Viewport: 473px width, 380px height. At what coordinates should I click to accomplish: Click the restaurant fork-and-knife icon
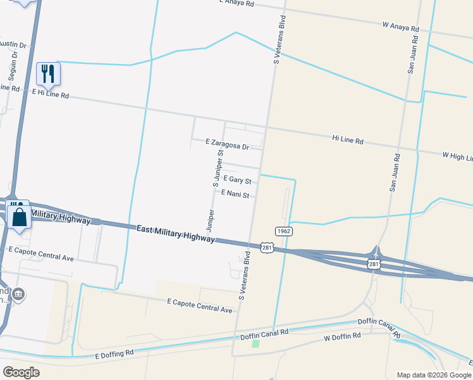pyautogui.click(x=47, y=74)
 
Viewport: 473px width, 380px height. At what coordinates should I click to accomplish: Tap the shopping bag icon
pyautogui.click(x=20, y=216)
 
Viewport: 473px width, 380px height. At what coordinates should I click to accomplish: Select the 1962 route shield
pyautogui.click(x=284, y=231)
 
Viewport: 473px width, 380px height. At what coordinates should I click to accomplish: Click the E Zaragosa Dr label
pyautogui.click(x=228, y=144)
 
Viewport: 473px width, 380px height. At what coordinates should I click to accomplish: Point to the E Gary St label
pyautogui.click(x=237, y=180)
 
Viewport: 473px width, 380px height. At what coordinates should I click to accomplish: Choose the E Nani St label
pyautogui.click(x=235, y=195)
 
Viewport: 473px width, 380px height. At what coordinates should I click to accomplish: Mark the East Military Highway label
pyautogui.click(x=175, y=233)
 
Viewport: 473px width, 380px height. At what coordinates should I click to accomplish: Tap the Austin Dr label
pyautogui.click(x=12, y=44)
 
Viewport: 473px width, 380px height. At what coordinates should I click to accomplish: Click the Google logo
pyautogui.click(x=21, y=372)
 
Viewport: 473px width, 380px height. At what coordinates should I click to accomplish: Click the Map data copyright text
pyautogui.click(x=434, y=375)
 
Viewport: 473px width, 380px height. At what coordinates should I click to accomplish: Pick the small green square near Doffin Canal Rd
pyautogui.click(x=255, y=344)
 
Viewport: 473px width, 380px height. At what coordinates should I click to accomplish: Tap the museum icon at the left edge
pyautogui.click(x=18, y=294)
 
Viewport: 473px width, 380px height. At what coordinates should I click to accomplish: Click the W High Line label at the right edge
pyautogui.click(x=457, y=156)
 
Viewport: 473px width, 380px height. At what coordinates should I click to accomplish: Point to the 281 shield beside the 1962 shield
pyautogui.click(x=267, y=248)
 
